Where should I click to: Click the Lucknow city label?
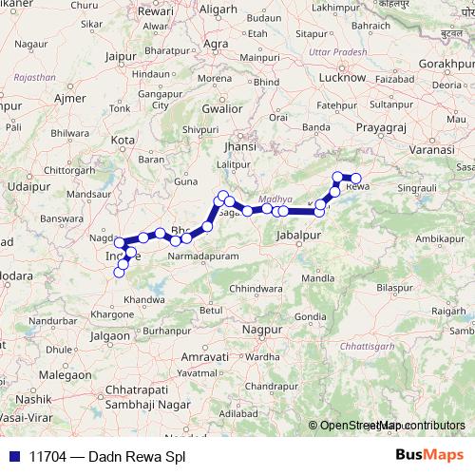click(345, 77)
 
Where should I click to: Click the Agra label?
click(217, 44)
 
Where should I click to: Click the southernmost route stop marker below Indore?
click(119, 273)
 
